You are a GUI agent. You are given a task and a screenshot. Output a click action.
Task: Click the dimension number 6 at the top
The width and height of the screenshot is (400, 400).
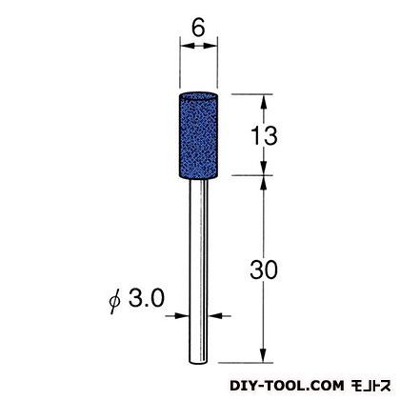tap(198, 28)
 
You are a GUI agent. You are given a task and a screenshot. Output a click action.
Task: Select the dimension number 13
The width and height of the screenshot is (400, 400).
tap(264, 135)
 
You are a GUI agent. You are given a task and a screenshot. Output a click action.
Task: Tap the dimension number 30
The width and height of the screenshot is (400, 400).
tap(264, 270)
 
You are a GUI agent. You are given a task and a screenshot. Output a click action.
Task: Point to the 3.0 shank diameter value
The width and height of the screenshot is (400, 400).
tap(147, 298)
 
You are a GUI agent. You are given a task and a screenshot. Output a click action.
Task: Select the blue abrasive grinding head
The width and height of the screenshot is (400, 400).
tap(198, 136)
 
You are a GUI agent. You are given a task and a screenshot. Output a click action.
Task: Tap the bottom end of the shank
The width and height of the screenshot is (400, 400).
tap(198, 362)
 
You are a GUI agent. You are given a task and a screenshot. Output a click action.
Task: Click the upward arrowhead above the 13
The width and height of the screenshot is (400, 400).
tap(263, 101)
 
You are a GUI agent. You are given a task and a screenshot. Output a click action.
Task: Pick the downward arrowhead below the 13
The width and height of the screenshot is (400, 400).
tap(263, 168)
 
